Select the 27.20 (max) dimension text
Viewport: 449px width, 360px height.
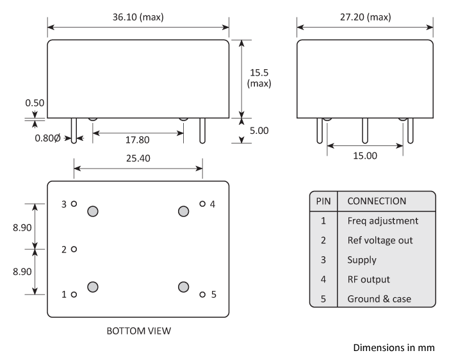pos(364,17)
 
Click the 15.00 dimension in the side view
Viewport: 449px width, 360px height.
pos(364,156)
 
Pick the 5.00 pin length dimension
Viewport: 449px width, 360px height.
pos(259,130)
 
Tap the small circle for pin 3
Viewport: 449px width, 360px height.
pos(74,204)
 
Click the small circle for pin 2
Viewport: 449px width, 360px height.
pos(74,249)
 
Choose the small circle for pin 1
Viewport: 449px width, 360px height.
pos(74,295)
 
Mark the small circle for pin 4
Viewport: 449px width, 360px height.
pos(202,204)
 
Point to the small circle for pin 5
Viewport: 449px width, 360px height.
pos(202,295)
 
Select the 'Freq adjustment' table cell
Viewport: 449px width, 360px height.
pos(382,221)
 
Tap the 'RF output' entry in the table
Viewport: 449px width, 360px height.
pos(368,279)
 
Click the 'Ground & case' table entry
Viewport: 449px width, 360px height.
pos(379,299)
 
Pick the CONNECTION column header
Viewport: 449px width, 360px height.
pos(377,201)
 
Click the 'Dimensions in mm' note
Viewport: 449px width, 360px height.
pos(393,348)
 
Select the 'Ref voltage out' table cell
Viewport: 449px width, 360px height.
pos(380,241)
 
